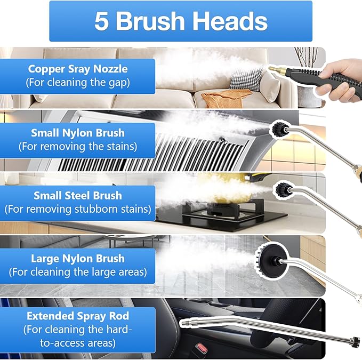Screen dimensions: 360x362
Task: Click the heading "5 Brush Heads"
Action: click(x=181, y=21)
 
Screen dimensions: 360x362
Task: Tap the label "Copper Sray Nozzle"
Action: click(x=78, y=69)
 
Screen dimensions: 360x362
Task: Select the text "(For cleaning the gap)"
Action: click(x=78, y=83)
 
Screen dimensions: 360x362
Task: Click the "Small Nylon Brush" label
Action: click(x=78, y=133)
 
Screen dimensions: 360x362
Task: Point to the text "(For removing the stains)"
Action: click(x=78, y=146)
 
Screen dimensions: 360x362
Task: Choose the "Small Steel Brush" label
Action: click(x=78, y=195)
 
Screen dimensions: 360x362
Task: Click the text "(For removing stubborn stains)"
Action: click(x=78, y=209)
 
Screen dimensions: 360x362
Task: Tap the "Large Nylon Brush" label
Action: click(x=78, y=259)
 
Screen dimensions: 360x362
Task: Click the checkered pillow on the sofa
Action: click(x=246, y=79)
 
